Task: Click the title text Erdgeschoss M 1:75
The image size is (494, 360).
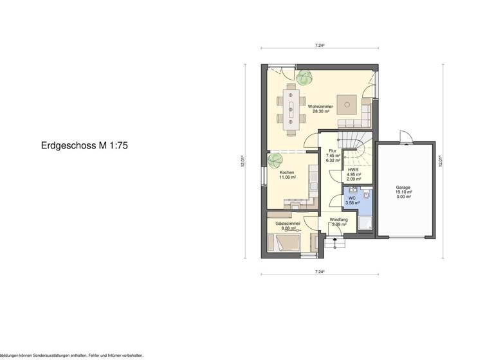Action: coord(85,146)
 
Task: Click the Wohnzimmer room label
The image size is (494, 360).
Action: coord(320,106)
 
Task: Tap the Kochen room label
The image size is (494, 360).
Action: coord(287,173)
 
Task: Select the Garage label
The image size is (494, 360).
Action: coord(404,188)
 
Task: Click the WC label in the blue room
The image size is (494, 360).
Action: coord(352,199)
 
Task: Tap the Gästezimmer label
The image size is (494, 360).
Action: coord(288,224)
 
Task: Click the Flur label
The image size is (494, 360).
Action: coord(333,152)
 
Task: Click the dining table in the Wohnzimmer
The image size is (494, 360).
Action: coord(291,109)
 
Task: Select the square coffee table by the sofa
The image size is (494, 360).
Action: coord(349,102)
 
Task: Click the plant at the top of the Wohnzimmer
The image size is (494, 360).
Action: coord(304,78)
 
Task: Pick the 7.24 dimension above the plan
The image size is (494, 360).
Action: coord(319,46)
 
